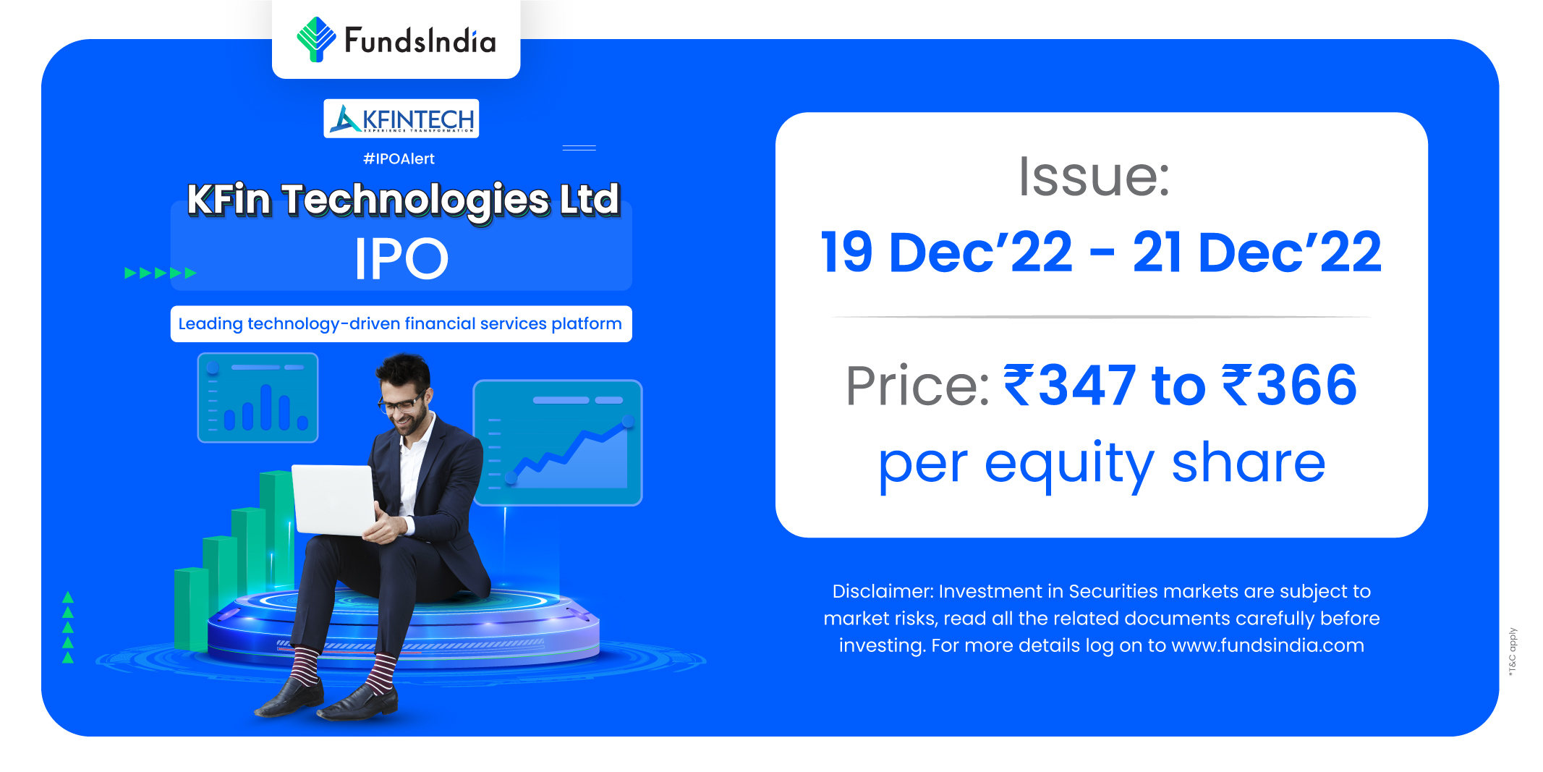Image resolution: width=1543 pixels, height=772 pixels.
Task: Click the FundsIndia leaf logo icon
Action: [x=316, y=39]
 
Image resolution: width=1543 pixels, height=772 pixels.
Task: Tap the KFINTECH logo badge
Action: [x=401, y=119]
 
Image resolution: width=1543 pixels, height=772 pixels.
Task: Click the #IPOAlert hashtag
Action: [x=399, y=159]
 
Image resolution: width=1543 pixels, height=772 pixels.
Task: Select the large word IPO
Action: [x=401, y=258]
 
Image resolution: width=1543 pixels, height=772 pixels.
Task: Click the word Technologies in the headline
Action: [x=416, y=200]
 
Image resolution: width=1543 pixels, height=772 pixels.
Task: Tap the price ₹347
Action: [x=1069, y=385]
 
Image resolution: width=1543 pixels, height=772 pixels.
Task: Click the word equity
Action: [x=1069, y=465]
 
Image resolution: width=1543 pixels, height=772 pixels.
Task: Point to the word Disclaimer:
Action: [x=883, y=591]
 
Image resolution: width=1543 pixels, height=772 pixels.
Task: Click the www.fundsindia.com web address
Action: [x=1267, y=645]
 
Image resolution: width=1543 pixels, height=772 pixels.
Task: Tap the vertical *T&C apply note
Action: [x=1512, y=652]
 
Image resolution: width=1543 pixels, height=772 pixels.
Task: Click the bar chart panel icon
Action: [x=258, y=397]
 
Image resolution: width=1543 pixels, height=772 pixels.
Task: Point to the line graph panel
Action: [x=558, y=442]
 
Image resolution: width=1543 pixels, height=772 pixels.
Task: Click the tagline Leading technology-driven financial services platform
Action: [x=401, y=323]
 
